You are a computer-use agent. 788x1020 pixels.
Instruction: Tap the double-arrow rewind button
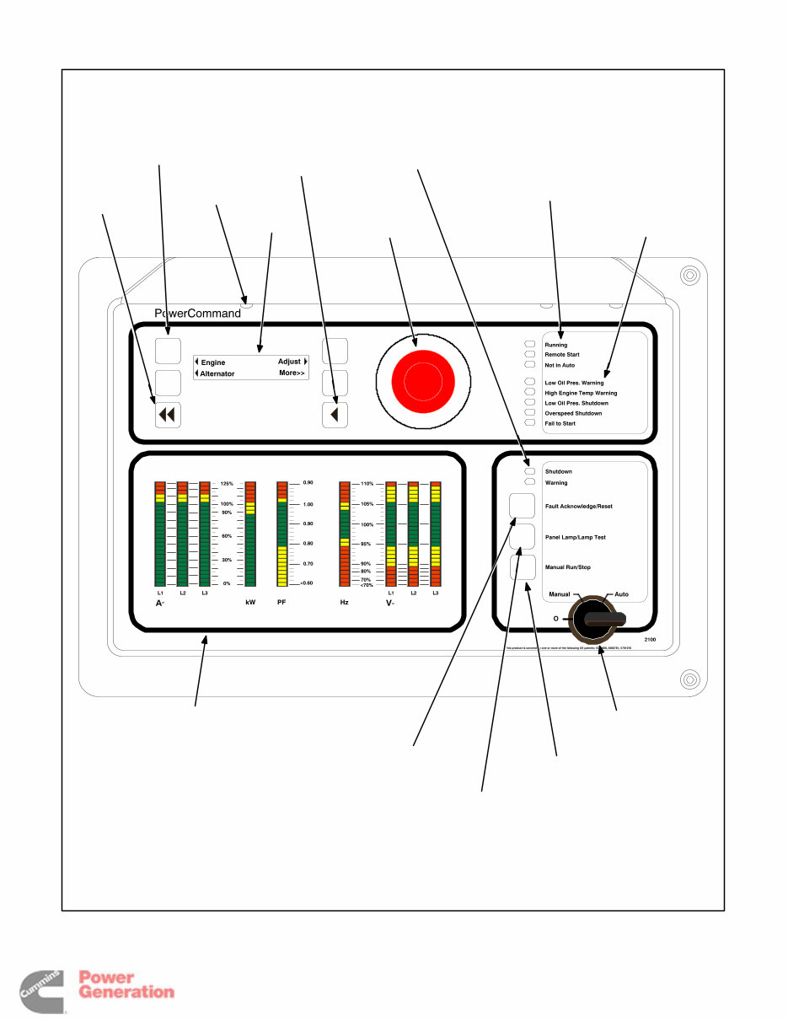[168, 414]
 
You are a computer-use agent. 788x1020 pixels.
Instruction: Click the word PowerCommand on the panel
[197, 314]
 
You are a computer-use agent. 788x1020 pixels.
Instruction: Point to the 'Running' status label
[556, 345]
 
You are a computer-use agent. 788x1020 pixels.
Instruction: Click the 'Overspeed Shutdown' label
[573, 413]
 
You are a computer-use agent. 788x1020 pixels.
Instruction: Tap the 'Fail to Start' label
[560, 423]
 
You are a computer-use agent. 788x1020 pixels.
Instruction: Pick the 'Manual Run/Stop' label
[567, 567]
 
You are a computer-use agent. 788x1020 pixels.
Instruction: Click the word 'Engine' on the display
[213, 362]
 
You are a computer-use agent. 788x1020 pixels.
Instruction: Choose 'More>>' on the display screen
[292, 373]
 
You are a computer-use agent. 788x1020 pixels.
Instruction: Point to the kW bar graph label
[250, 603]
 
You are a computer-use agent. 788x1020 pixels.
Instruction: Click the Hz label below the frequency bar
[344, 603]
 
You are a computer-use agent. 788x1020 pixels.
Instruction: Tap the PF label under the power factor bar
[281, 603]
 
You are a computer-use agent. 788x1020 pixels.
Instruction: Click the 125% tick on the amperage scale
[227, 484]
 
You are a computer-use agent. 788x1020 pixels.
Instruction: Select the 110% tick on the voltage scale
[367, 484]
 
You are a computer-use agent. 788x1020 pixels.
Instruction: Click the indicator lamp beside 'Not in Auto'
[530, 365]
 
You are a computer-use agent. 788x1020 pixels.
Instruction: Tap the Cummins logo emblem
[40, 991]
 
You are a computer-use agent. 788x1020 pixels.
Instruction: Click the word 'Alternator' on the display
[217, 373]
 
